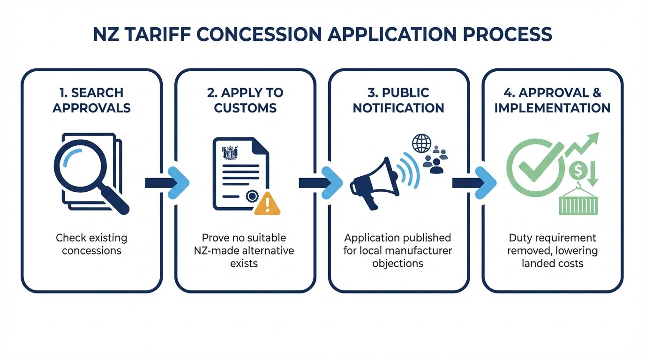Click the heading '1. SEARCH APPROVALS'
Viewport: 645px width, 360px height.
click(91, 100)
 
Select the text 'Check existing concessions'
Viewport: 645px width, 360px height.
click(91, 244)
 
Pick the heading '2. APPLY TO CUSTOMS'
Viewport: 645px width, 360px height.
click(245, 100)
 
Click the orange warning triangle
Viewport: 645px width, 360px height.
click(267, 204)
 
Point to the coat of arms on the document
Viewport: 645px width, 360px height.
click(230, 153)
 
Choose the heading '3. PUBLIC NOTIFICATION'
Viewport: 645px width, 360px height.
click(398, 100)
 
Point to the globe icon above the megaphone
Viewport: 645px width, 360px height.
click(421, 143)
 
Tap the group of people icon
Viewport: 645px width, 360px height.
click(435, 159)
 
